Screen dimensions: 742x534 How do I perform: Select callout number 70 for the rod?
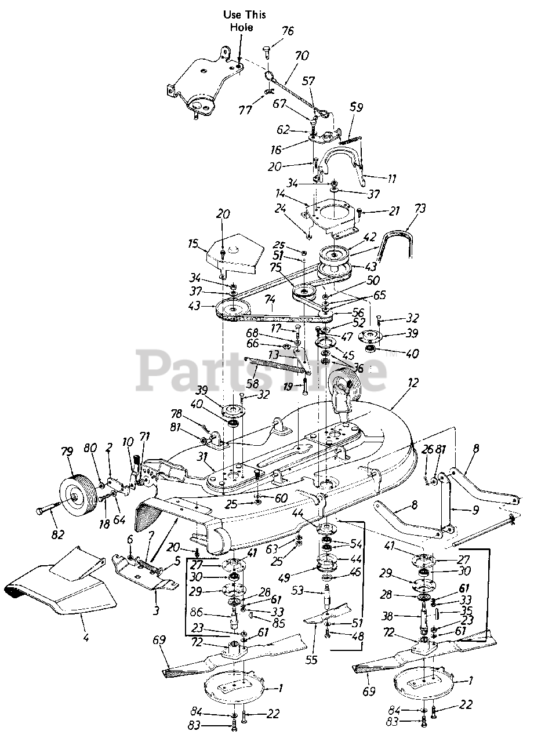302,56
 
